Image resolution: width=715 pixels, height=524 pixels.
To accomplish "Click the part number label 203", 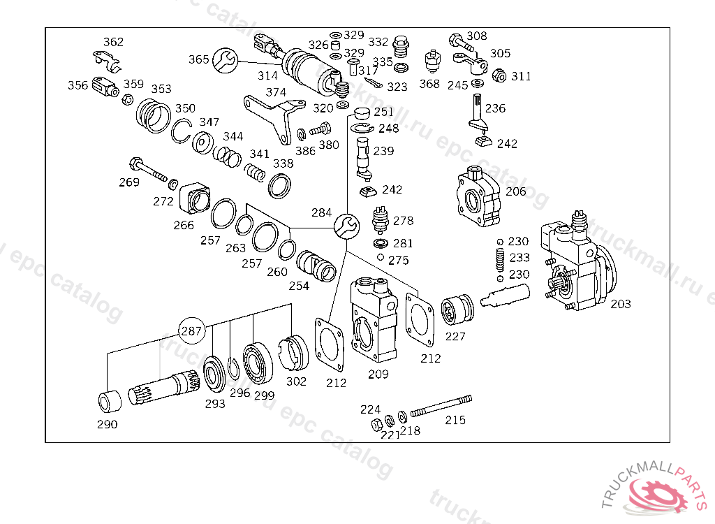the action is point(621,304).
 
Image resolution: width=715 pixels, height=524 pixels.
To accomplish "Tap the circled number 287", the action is point(191,330).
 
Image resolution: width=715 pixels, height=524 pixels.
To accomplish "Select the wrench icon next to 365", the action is point(226,60).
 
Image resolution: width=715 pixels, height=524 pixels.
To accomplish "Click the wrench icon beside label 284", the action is point(346,226).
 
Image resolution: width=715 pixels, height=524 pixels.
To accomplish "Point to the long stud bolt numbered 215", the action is point(441,406).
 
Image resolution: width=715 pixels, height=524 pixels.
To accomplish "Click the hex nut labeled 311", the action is point(499,75).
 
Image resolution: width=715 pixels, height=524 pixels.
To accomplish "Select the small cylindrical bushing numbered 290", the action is point(110,401).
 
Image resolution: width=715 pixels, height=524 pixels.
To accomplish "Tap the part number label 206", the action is point(516,191).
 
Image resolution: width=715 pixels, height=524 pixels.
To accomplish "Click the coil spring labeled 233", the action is point(500,260).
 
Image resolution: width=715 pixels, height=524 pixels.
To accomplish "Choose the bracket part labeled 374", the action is point(273,117).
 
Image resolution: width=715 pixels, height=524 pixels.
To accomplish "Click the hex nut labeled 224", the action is point(376,425).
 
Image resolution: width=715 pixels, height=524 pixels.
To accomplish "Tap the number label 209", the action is point(378,374).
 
